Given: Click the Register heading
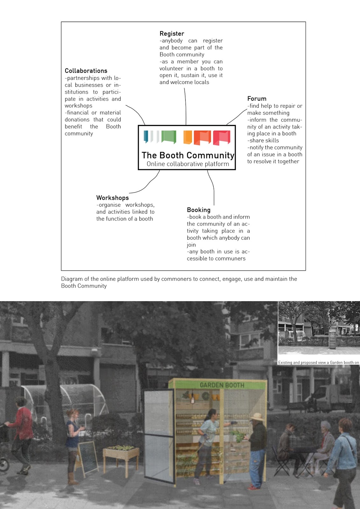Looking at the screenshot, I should point(172,33).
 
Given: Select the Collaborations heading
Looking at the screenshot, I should point(86,71).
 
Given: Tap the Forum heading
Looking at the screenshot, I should point(257,99).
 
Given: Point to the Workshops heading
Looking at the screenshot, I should point(112,198).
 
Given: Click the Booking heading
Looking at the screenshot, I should point(199,210).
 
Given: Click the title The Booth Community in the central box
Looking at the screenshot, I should point(188,155).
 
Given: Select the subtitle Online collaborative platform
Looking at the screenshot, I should point(188,164).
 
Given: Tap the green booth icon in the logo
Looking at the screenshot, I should point(169,137).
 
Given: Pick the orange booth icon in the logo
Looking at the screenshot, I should point(188,137).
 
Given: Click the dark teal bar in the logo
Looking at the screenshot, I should point(146,136).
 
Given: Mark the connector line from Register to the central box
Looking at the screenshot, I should point(185,107).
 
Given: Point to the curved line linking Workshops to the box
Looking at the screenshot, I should point(148,184).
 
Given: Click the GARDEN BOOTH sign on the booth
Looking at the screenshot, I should point(222,385).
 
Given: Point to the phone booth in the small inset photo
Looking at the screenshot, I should point(333,339).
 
